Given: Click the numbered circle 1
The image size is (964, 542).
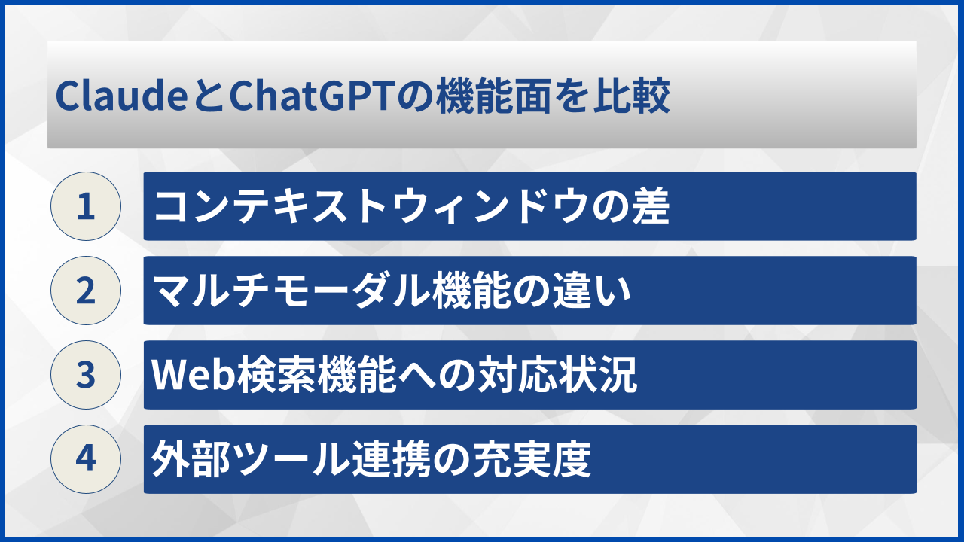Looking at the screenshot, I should [86, 206].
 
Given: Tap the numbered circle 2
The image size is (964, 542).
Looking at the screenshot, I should [86, 291].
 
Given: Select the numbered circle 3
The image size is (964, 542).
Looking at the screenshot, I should [86, 375].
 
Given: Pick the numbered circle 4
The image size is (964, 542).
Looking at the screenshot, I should [86, 459].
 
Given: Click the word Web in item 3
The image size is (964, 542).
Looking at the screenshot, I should [185, 375].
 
